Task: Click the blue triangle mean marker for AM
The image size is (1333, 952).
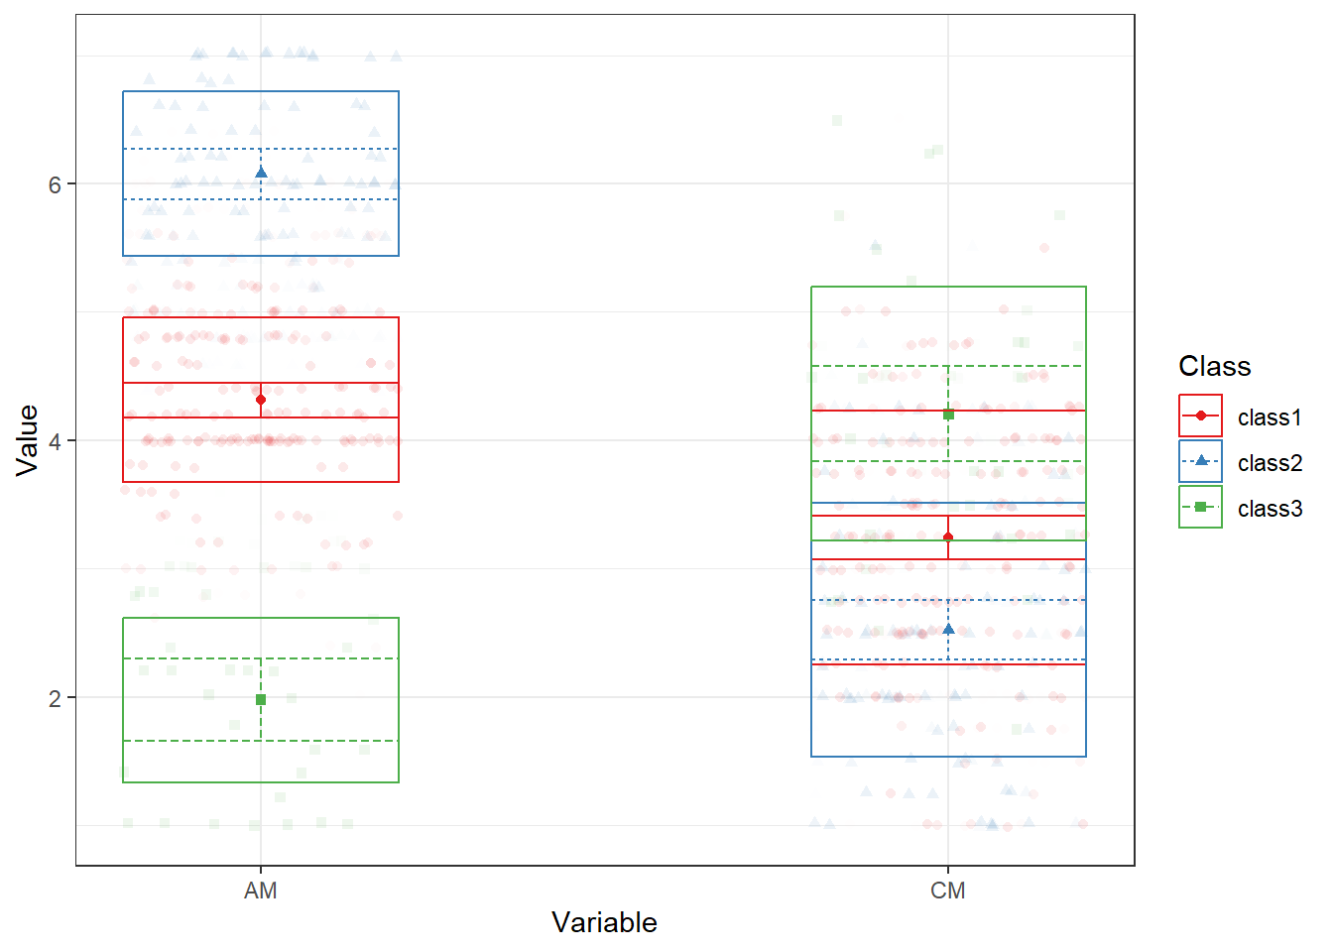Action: [x=261, y=173]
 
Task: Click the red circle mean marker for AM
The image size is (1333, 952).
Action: [x=261, y=400]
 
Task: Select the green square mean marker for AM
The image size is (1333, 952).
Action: [x=261, y=700]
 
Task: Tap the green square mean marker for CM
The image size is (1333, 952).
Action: [x=948, y=415]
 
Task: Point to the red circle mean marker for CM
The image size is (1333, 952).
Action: [x=948, y=537]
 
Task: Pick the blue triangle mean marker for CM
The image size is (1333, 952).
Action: [x=948, y=629]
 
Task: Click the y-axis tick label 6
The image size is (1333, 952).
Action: [x=55, y=185]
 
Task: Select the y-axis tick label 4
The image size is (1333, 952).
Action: [x=55, y=442]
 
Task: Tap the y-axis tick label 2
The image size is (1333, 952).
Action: [x=55, y=699]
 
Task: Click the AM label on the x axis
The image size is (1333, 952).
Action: [x=261, y=892]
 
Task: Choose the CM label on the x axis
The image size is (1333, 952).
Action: [x=948, y=892]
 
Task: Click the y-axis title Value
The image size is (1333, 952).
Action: [x=28, y=440]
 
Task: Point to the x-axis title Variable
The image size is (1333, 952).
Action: [x=605, y=923]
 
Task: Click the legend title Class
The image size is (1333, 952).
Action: [x=1215, y=366]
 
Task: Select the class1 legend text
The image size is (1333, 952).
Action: [x=1270, y=417]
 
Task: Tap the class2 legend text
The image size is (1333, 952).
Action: [x=1270, y=463]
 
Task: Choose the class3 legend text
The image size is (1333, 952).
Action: [x=1270, y=509]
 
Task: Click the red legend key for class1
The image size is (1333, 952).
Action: [x=1200, y=416]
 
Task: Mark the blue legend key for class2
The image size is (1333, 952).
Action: [x=1200, y=461]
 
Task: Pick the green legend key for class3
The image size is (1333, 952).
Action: [x=1200, y=507]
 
